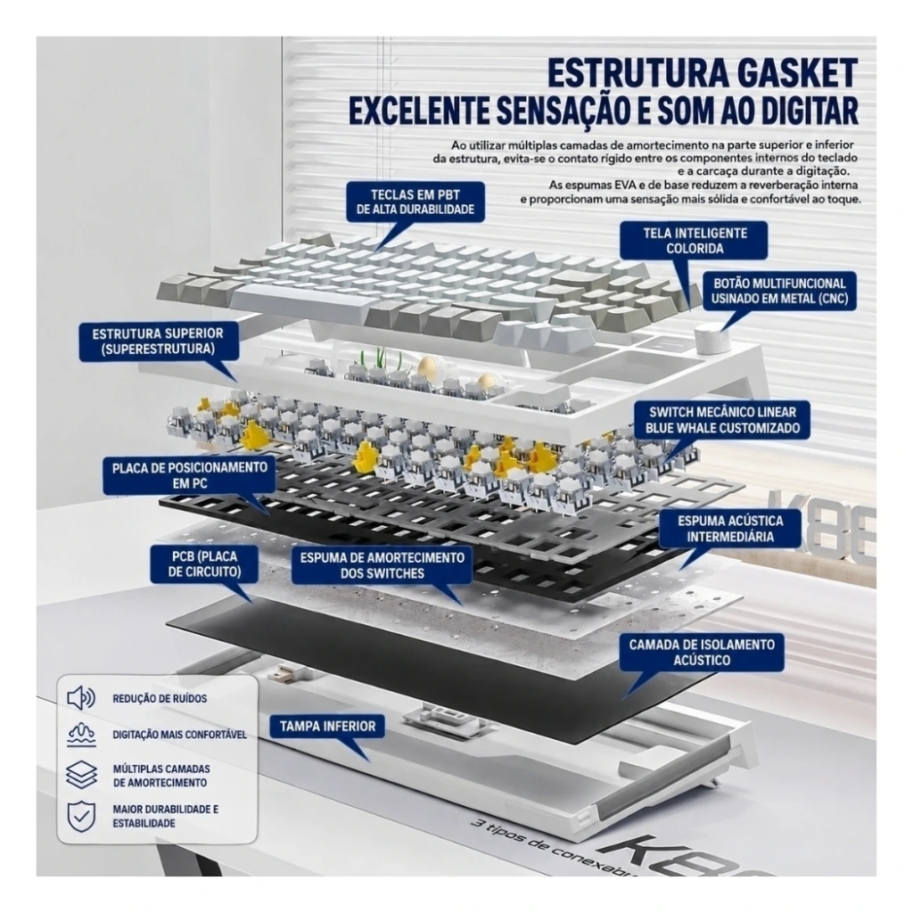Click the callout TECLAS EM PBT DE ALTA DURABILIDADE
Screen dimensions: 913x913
click(415, 202)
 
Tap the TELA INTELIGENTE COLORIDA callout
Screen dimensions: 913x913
click(694, 241)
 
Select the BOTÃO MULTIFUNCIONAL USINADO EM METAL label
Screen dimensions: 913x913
click(779, 292)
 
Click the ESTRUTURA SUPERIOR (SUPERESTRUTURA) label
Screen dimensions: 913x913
click(159, 341)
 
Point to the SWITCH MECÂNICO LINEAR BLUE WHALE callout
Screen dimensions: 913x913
click(722, 420)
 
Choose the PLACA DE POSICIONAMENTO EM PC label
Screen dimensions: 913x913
click(189, 475)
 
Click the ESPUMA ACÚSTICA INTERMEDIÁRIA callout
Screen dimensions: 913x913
click(730, 528)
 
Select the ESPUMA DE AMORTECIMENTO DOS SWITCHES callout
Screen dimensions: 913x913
click(382, 565)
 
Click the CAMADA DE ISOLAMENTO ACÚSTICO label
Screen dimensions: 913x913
click(702, 652)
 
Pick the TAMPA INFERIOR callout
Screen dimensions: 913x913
click(327, 726)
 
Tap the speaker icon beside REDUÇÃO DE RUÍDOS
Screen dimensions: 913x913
click(81, 697)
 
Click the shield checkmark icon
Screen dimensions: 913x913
click(81, 817)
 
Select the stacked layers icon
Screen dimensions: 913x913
click(81, 775)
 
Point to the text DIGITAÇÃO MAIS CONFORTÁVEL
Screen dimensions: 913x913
click(179, 735)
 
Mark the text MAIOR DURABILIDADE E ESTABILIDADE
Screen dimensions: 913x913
click(165, 817)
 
